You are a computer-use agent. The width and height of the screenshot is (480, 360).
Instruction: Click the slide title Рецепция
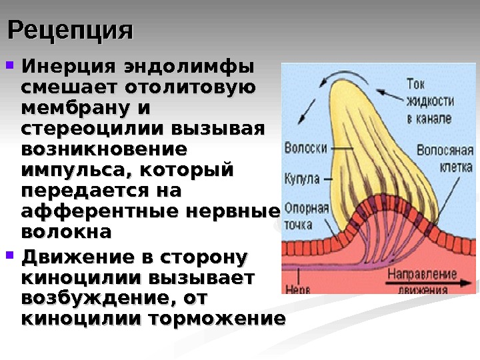click(70, 30)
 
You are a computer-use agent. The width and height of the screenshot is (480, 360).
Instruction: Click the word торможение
click(221, 318)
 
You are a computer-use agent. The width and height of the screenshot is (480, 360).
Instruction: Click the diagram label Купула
click(302, 179)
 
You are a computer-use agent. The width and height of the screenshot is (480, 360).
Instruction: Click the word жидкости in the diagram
click(430, 101)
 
